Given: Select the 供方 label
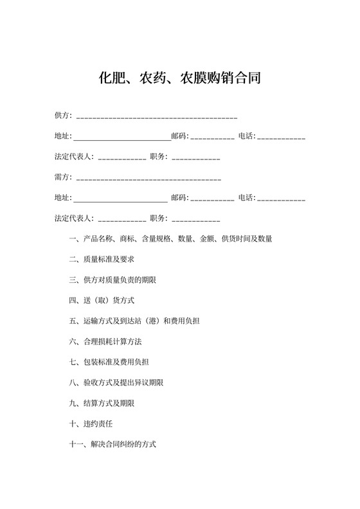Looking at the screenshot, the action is pos(63,116).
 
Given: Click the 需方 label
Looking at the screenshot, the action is pos(63,177).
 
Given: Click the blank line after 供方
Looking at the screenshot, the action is pos(157,118).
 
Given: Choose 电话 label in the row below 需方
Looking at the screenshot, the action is pos(247,198).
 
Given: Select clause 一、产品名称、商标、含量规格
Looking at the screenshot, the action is pos(170,239).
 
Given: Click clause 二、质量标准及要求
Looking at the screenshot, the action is pos(101,260).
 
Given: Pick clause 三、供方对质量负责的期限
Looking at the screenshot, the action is pos(113,280).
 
